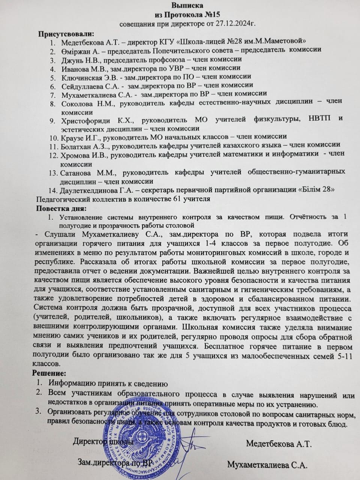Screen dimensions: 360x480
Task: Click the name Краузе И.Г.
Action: click(78, 136)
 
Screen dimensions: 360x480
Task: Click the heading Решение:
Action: click(49, 373)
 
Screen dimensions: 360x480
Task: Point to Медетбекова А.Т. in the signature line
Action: click(279, 444)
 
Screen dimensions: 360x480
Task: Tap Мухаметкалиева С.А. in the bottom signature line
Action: click(267, 465)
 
